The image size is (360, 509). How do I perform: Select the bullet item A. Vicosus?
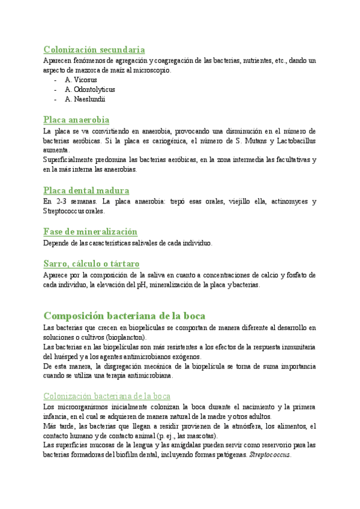pos(81,80)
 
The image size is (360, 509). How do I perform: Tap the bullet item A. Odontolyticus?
pos(90,89)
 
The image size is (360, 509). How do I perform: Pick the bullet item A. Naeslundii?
pos(85,99)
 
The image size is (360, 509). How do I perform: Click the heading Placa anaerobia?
pos(76,119)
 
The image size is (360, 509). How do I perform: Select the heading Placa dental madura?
pos(86,190)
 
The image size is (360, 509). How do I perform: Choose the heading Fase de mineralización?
pos(91,232)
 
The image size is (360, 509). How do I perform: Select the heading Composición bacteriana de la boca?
pos(124,316)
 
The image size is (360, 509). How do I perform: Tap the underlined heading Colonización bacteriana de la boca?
pos(107,379)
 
